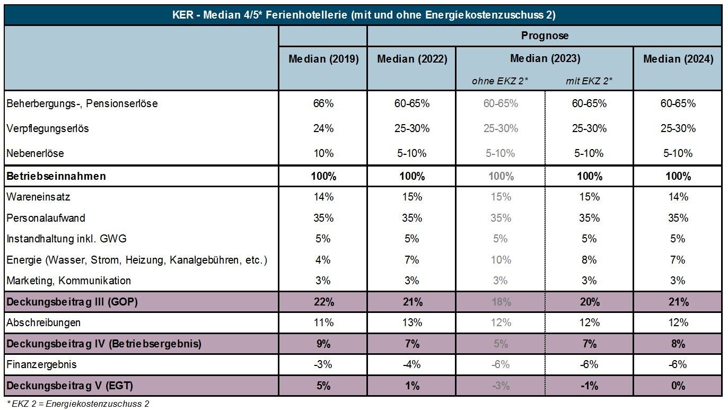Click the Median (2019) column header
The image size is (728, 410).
(x=323, y=59)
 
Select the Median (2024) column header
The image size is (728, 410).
(x=678, y=59)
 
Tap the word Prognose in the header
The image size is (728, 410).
(x=545, y=36)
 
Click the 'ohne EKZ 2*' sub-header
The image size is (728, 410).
(x=500, y=81)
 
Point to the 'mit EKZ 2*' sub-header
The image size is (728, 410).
(x=589, y=81)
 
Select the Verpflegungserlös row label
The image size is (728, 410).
(x=48, y=128)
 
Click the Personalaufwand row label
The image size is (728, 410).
(x=46, y=218)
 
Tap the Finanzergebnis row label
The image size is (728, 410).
(x=41, y=364)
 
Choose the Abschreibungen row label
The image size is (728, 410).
(x=43, y=322)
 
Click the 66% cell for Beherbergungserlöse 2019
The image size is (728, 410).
(x=323, y=103)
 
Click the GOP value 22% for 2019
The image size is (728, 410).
(x=323, y=302)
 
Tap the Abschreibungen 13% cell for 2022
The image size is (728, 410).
(x=412, y=322)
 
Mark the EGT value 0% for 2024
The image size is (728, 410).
(x=678, y=386)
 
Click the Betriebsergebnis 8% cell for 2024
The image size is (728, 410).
(x=678, y=344)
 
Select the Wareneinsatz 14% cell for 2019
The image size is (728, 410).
(x=323, y=197)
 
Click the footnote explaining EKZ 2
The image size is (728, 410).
(x=77, y=404)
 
